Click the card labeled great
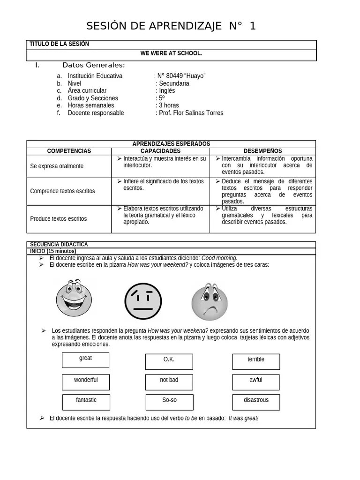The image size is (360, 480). (85, 360)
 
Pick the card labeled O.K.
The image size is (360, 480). (169, 361)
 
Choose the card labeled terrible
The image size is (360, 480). (256, 361)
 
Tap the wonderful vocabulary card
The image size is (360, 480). (86, 382)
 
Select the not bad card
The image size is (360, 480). (169, 382)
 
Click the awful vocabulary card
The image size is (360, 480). (256, 382)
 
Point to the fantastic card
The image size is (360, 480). (86, 402)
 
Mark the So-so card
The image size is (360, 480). (169, 402)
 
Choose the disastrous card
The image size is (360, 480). (256, 402)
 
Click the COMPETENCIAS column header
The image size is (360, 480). (69, 151)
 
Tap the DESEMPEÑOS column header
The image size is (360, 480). (262, 151)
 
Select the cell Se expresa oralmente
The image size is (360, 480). (57, 166)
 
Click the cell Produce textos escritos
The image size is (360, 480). (58, 218)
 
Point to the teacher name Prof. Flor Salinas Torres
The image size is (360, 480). (191, 113)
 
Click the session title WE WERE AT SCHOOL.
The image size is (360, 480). (171, 53)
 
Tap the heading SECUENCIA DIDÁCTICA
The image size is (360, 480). (59, 244)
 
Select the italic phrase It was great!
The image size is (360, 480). (243, 418)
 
